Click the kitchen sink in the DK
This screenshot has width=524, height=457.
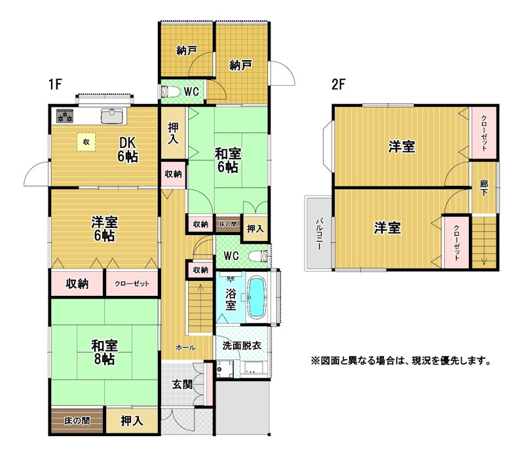click(x=112, y=117)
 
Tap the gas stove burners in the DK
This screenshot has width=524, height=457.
click(x=65, y=116)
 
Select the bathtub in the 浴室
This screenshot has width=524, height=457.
click(x=257, y=297)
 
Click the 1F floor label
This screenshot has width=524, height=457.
click(x=55, y=84)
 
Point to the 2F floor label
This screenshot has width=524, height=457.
click(x=337, y=84)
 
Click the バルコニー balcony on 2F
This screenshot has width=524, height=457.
click(x=318, y=233)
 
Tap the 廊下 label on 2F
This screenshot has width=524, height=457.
click(x=483, y=188)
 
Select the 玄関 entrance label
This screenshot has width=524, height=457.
click(x=182, y=384)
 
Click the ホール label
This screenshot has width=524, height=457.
click(x=185, y=348)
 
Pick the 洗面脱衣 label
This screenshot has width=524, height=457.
click(x=242, y=346)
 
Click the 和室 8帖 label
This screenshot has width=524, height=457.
click(x=104, y=352)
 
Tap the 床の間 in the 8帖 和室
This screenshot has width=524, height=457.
click(x=77, y=421)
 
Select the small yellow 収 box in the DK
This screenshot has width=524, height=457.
click(x=86, y=142)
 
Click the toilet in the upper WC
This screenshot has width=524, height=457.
click(x=165, y=91)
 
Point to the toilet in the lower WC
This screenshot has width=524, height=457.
click(x=259, y=256)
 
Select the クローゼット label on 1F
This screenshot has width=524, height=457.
click(x=132, y=284)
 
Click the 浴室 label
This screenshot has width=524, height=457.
click(x=231, y=299)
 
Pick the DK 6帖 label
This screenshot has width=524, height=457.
click(x=128, y=150)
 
